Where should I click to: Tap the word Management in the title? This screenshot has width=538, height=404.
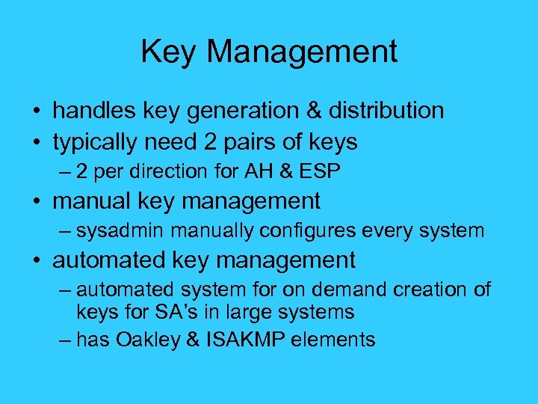pos(301,52)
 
